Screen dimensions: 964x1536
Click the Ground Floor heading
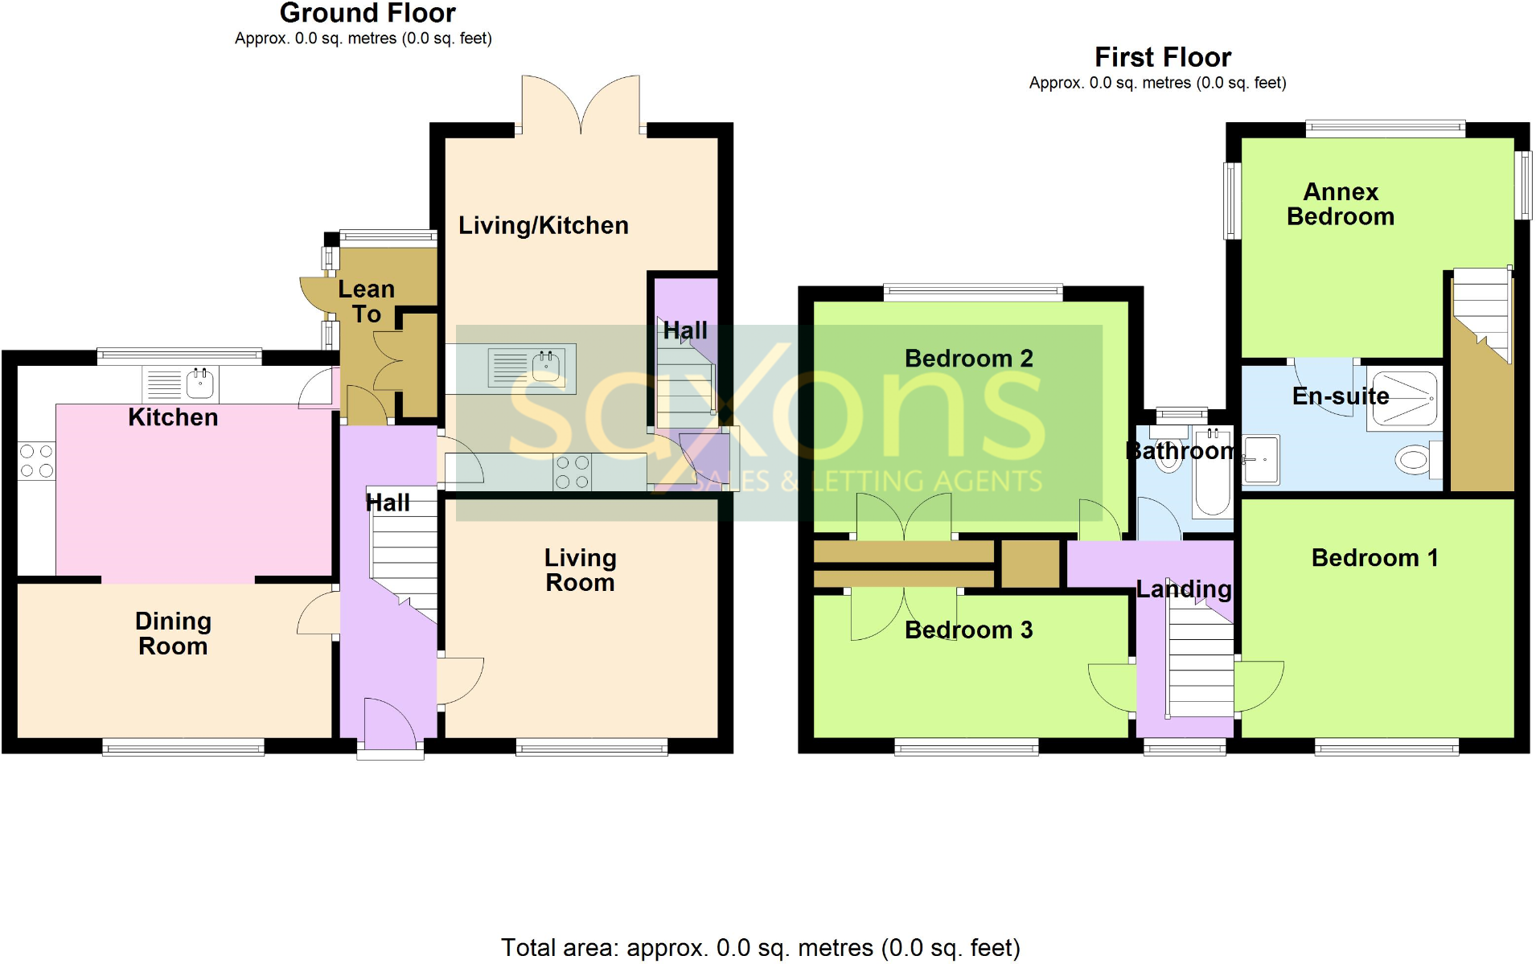coord(368,14)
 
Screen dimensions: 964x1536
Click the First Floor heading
coord(1162,57)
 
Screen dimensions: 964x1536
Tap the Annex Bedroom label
coord(1340,204)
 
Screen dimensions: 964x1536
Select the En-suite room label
coord(1340,396)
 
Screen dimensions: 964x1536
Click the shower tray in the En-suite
coord(1404,397)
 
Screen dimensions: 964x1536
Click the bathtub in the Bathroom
coord(1212,474)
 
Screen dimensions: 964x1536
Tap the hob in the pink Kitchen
coord(36,461)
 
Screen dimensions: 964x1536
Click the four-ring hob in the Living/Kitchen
coord(572,472)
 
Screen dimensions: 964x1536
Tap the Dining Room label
coord(173,634)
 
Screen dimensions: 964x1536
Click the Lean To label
coord(366,302)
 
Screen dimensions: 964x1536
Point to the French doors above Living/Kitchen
coord(581,105)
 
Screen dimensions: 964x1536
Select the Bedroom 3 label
coord(968,630)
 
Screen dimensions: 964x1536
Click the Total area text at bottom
coord(760,948)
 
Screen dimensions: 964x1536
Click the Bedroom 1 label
coord(1374,558)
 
